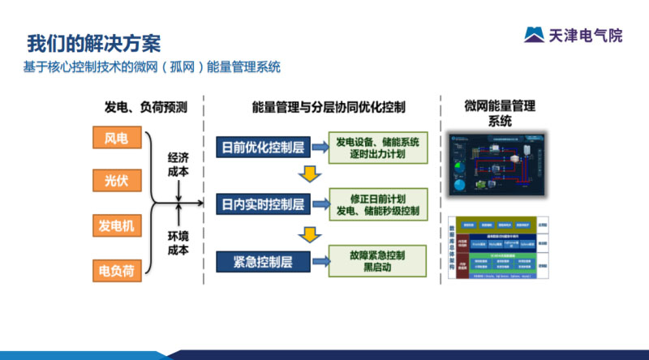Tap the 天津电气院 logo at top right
pos(573,35)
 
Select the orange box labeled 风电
pos(117,139)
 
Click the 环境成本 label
pos(178,242)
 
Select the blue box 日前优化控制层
pos(264,148)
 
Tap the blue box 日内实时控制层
pos(264,204)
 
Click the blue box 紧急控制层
pos(264,261)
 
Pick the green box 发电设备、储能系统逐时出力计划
pos(377,148)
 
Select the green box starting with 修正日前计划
pos(377,204)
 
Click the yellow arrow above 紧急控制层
pos(307,234)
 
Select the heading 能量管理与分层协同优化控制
pos(329,107)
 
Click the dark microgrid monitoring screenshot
pos(498,162)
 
